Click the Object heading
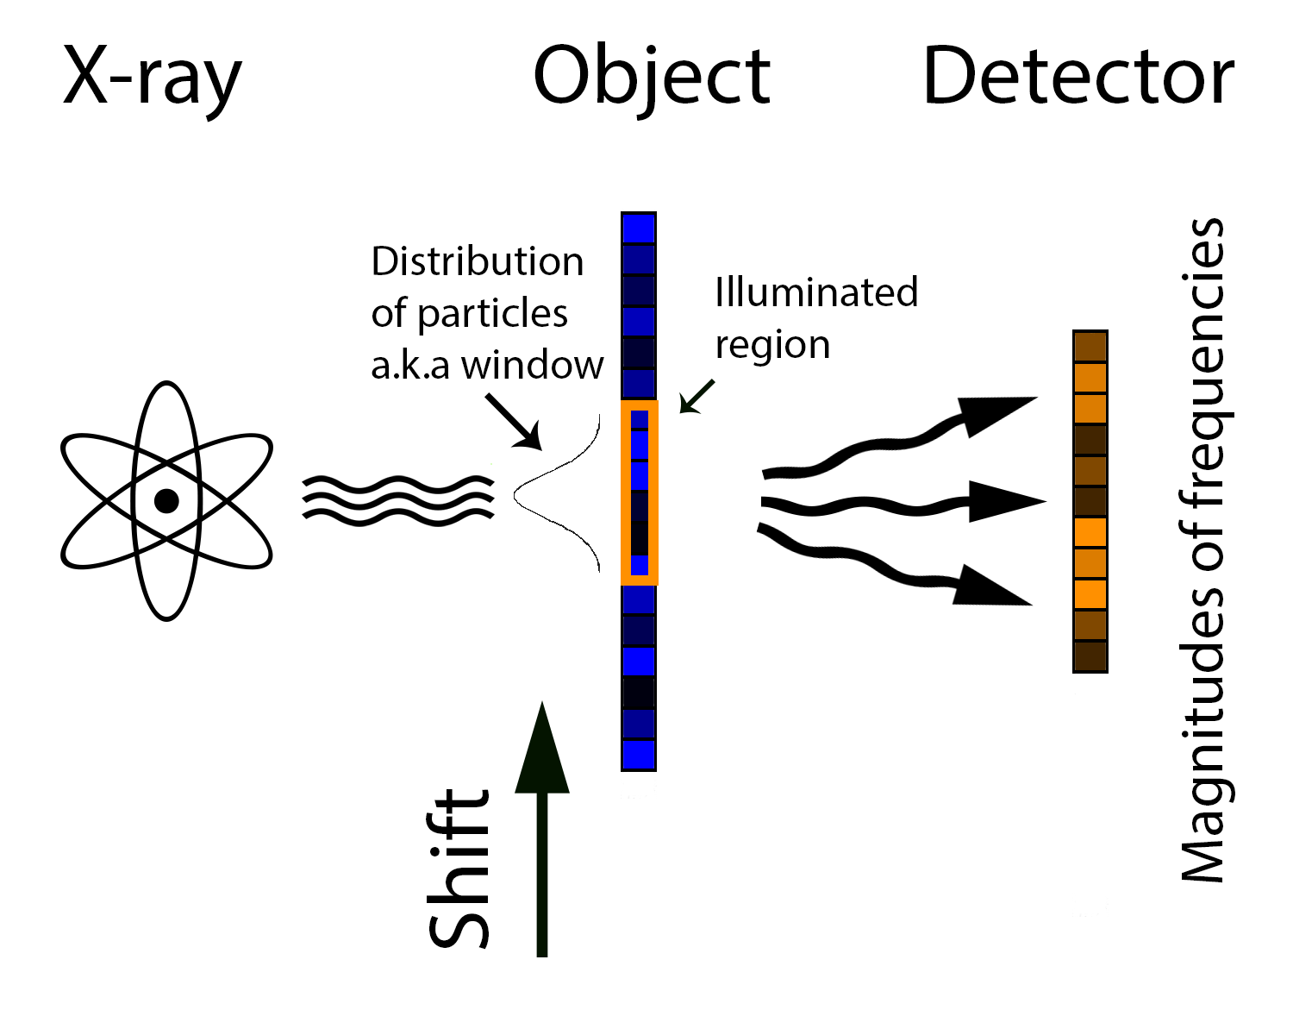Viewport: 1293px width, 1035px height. point(651,78)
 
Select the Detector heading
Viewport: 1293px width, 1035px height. point(1077,78)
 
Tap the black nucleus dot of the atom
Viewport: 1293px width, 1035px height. point(166,501)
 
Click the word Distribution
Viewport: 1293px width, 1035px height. point(477,261)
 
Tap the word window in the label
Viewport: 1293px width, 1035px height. point(532,365)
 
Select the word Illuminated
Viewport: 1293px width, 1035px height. point(815,292)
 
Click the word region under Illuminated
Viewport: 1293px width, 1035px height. point(772,345)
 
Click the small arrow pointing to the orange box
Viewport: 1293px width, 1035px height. point(696,397)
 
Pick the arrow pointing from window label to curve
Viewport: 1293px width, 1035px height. point(514,422)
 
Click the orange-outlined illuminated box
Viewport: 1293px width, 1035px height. point(640,492)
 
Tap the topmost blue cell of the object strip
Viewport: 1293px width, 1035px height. point(639,229)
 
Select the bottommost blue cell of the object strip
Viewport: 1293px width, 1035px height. point(639,755)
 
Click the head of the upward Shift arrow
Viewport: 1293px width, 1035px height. point(542,750)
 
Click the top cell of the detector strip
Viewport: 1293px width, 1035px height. point(1090,347)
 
